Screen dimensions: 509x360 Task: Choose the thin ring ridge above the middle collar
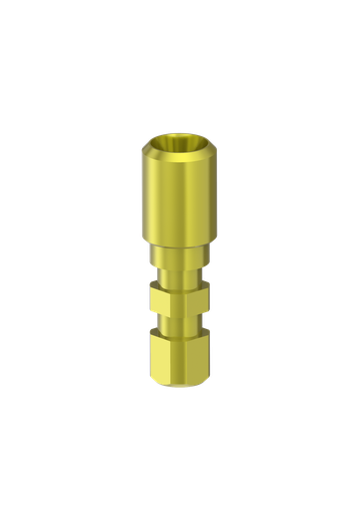179,280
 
